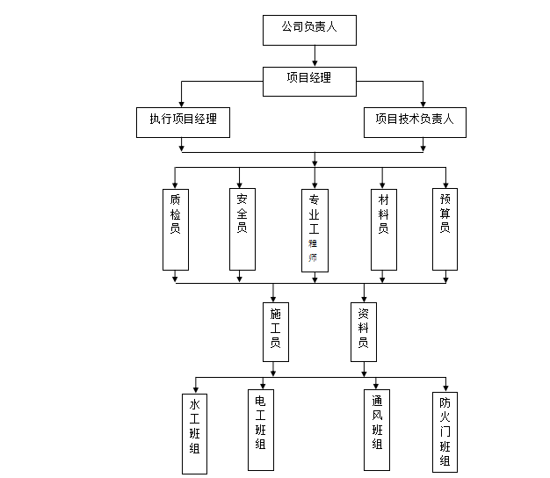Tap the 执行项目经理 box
183,122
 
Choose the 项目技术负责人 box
415,122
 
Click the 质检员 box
176,228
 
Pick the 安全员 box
242,228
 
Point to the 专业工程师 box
314,229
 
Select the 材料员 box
383,228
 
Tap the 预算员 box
445,228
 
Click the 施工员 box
275,331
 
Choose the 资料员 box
363,331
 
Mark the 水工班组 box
194,434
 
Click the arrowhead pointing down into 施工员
274,298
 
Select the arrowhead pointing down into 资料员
364,298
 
